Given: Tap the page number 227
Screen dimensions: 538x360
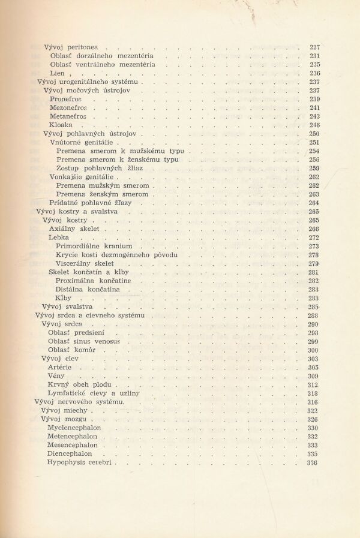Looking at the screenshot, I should (x=314, y=47).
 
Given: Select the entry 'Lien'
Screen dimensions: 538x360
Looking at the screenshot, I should (x=57, y=73).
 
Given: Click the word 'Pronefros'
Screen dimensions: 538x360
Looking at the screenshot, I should (x=66, y=99).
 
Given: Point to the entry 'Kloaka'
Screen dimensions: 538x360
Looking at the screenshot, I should (x=61, y=125).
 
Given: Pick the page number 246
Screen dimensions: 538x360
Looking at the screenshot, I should (x=314, y=125).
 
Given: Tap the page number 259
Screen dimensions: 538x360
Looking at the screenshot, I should (x=314, y=169).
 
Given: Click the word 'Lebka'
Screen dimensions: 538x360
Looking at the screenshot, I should (x=59, y=238).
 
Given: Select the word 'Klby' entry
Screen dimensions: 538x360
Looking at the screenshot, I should (x=63, y=298).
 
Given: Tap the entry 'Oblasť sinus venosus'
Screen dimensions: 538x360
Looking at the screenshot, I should (x=85, y=341).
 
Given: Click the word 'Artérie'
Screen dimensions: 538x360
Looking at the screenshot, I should (x=60, y=367).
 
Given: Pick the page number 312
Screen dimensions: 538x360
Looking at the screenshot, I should (x=313, y=384).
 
